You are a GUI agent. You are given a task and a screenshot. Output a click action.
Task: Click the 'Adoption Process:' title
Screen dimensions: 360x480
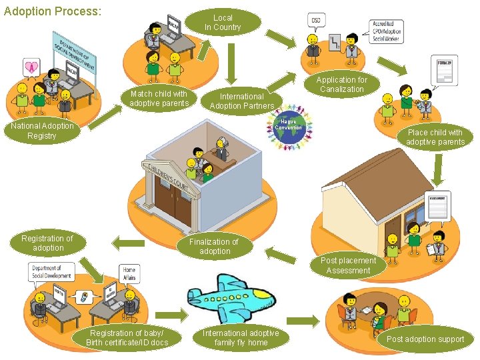pyautogui.click(x=53, y=12)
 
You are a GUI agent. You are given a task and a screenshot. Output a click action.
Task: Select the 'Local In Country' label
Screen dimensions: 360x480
pyautogui.click(x=223, y=22)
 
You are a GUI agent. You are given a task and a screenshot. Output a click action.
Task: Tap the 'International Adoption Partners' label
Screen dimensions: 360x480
pyautogui.click(x=241, y=101)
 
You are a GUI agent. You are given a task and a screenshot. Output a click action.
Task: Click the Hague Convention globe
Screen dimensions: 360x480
pyautogui.click(x=288, y=127)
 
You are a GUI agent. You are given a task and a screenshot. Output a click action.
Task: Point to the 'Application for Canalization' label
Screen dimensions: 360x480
pyautogui.click(x=341, y=84)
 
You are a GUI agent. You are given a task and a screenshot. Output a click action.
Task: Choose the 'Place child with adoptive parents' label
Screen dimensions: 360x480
pyautogui.click(x=435, y=137)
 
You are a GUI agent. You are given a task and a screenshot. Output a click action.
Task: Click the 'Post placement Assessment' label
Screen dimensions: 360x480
pyautogui.click(x=348, y=265)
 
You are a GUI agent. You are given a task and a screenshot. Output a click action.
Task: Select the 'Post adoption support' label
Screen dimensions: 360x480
pyautogui.click(x=425, y=339)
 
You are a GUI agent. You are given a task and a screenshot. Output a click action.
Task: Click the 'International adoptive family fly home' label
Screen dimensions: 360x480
pyautogui.click(x=241, y=337)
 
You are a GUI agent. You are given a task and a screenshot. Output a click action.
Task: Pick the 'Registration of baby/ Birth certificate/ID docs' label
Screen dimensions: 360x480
pyautogui.click(x=126, y=337)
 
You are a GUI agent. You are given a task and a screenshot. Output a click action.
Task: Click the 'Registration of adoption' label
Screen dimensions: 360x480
pyautogui.click(x=47, y=243)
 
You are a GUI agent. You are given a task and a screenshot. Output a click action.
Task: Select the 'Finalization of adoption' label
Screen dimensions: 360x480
pyautogui.click(x=214, y=246)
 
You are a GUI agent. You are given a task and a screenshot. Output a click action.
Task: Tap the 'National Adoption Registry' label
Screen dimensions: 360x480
pyautogui.click(x=41, y=131)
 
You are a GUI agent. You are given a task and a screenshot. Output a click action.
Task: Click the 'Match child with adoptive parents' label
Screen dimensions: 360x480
pyautogui.click(x=159, y=99)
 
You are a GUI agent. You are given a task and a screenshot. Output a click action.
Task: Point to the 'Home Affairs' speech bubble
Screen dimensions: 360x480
pyautogui.click(x=129, y=273)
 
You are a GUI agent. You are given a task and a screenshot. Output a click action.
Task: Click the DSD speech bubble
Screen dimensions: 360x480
pyautogui.click(x=317, y=21)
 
